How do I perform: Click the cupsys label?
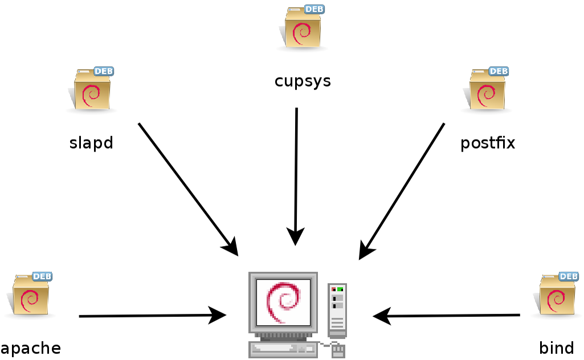coord(303,81)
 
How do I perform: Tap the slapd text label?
coord(91,142)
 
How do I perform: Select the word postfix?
coord(488,142)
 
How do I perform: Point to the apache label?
coord(30,347)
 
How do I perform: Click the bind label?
coord(556,347)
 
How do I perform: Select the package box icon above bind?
coord(557,296)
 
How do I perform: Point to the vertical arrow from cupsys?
coord(296,171)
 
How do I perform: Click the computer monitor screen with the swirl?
coord(283,302)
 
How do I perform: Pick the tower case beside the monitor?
coord(337,310)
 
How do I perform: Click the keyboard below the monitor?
coord(283,349)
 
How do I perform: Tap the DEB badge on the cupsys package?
coord(315,9)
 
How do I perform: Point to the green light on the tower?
coord(340,289)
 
